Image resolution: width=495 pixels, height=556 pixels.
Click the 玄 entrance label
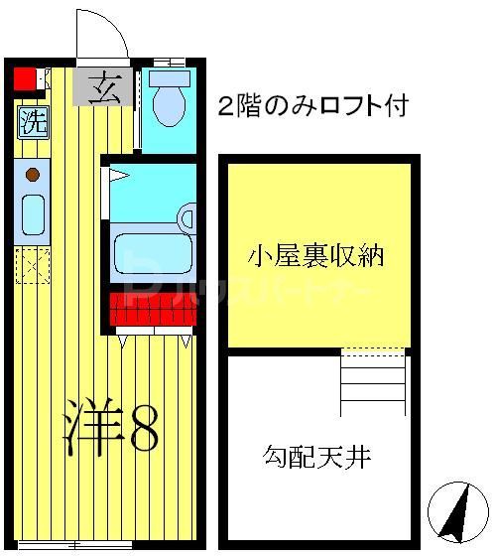point(102,88)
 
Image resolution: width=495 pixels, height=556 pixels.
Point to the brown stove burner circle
point(32,177)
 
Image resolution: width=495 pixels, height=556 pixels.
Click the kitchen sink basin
point(33,214)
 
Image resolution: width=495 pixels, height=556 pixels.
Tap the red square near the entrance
point(24,76)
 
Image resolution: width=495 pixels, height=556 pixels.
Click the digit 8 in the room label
point(138,427)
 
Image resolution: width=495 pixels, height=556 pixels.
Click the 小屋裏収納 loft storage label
point(314,257)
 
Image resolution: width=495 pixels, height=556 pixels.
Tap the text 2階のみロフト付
point(313,105)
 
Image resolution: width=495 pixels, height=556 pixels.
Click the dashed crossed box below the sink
point(33,265)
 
